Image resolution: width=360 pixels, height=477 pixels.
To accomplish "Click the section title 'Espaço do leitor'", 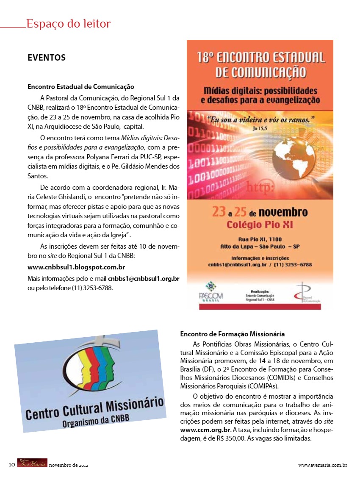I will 68,24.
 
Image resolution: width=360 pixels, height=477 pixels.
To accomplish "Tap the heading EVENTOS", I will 47,58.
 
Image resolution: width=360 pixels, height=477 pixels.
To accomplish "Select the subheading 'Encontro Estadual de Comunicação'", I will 80,87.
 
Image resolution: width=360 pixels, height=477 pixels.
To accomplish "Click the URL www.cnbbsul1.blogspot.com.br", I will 76,267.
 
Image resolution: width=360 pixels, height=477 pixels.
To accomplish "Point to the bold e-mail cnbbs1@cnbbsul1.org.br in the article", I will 144,278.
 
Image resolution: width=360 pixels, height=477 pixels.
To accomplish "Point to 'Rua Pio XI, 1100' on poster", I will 260,239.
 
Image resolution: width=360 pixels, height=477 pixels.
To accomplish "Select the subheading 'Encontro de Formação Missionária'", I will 232,334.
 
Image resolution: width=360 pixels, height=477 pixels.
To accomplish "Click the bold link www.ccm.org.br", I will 203,430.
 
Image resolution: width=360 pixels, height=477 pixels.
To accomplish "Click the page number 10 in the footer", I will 12,465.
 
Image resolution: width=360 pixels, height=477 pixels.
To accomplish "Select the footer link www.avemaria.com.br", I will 323,465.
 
